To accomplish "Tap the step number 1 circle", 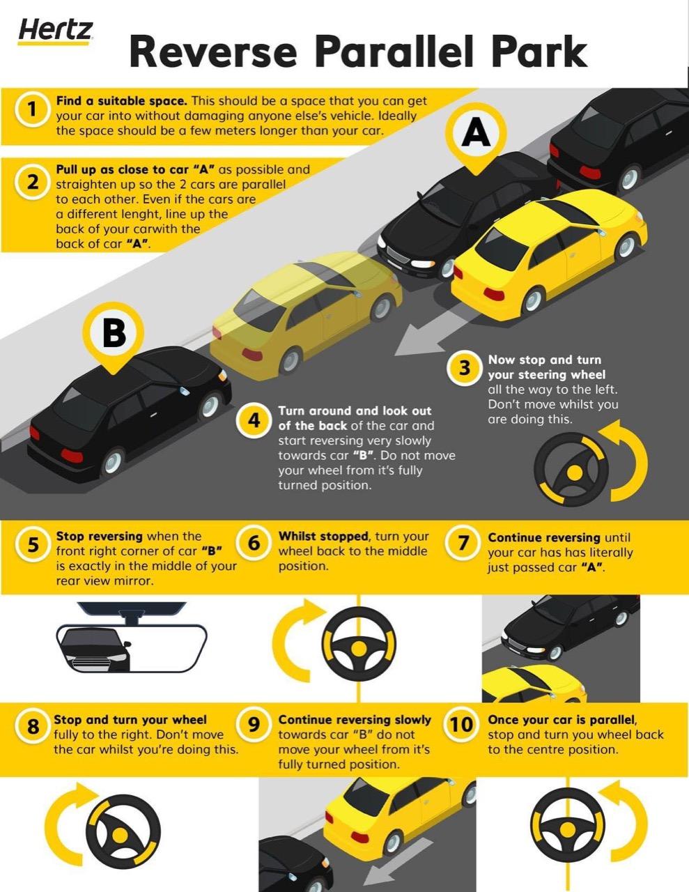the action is (x=31, y=110).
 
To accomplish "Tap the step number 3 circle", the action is (x=464, y=368).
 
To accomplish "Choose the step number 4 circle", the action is (x=254, y=420).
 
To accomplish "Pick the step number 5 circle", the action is (x=31, y=545).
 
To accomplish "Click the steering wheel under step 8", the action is (x=123, y=831).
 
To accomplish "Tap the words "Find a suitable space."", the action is (x=122, y=101).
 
